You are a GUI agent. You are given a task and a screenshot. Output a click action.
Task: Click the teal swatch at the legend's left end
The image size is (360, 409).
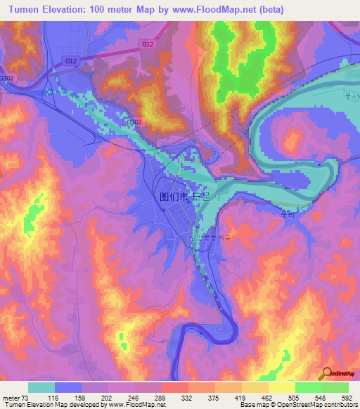(41, 387)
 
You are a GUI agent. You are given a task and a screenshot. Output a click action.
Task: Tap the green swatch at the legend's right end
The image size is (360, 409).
(335, 387)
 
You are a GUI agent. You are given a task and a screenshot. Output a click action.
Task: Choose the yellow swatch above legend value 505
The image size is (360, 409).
(282, 387)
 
